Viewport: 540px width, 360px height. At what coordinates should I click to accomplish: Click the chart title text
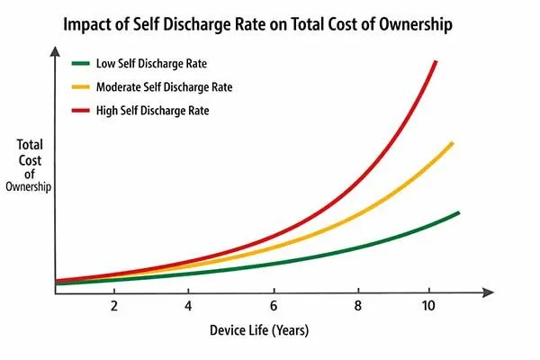click(270, 24)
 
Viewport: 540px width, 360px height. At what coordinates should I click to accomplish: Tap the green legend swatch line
click(81, 64)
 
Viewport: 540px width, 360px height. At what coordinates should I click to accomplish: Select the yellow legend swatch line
click(81, 87)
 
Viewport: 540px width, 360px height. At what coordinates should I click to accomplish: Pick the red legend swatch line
click(81, 111)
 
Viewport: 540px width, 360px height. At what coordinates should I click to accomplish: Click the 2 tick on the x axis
click(114, 306)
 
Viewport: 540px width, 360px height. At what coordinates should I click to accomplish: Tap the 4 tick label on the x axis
click(188, 306)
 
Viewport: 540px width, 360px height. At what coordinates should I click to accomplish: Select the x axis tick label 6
click(273, 306)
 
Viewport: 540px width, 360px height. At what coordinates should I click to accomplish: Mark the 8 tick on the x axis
click(358, 306)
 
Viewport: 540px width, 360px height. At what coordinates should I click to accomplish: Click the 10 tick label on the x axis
click(428, 306)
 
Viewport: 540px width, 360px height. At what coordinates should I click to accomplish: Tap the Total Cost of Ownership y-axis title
click(31, 164)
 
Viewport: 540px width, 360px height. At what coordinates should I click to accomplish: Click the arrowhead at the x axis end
click(489, 292)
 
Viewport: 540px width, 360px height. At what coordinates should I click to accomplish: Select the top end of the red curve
click(436, 61)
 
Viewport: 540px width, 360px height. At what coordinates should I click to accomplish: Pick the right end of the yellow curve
click(452, 143)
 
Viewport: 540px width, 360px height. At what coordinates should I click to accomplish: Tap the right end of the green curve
click(458, 213)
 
